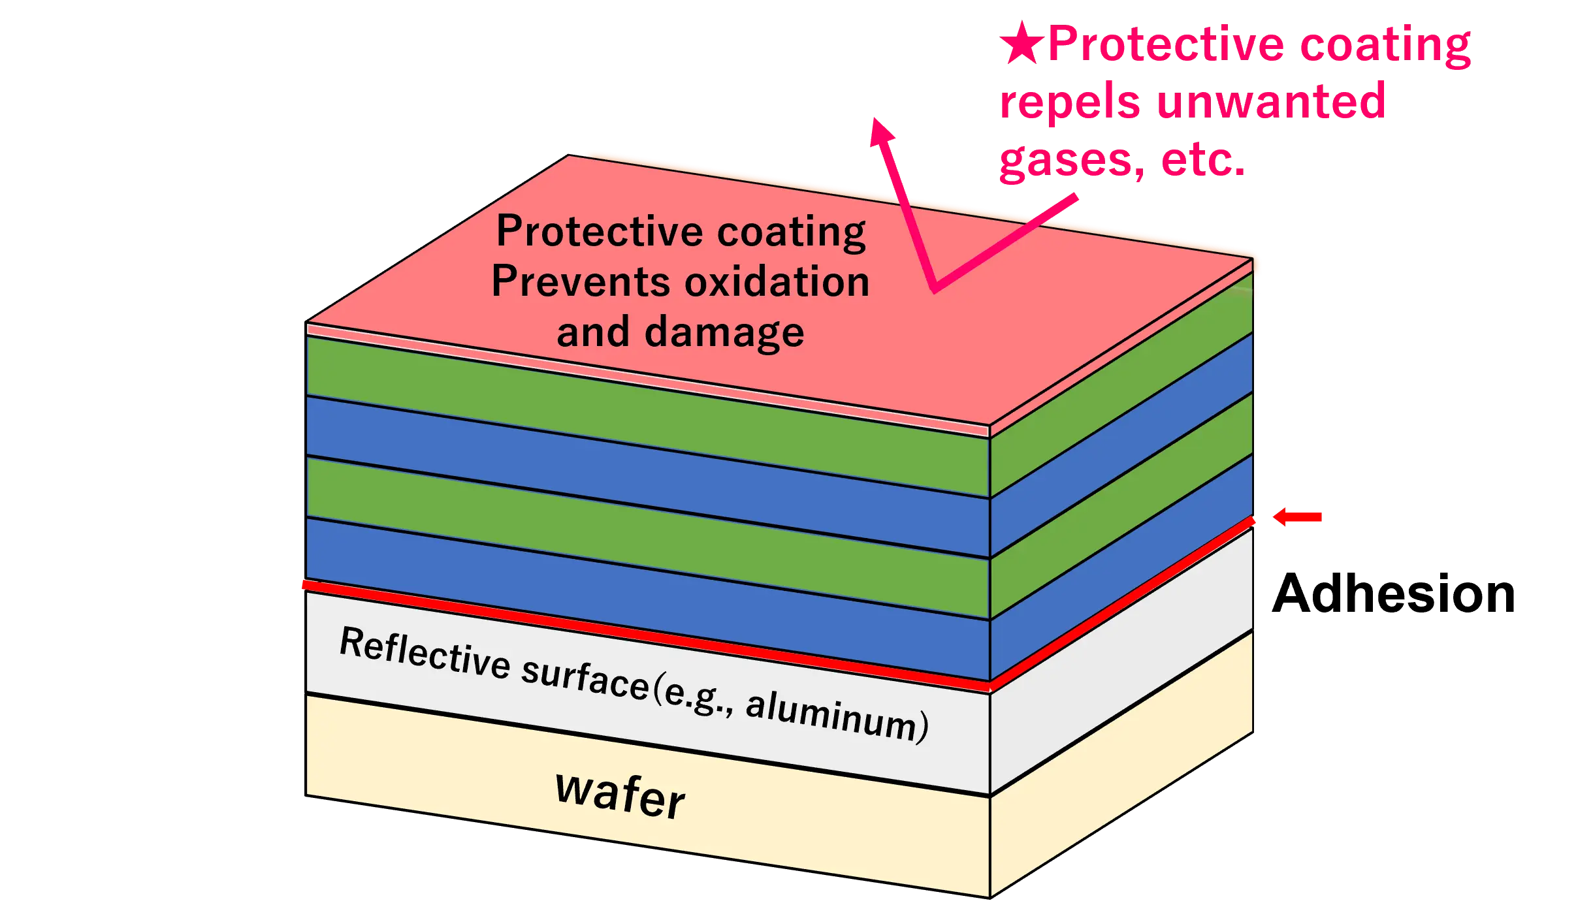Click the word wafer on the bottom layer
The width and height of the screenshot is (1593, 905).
[x=619, y=795]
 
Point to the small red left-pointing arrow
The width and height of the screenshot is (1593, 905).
[x=1296, y=518]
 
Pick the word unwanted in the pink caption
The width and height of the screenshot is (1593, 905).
[x=1270, y=101]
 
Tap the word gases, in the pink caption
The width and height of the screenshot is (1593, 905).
[x=1071, y=161]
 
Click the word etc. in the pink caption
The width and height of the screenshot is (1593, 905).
[x=1202, y=161]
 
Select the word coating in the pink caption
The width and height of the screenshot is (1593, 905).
[x=1385, y=44]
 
